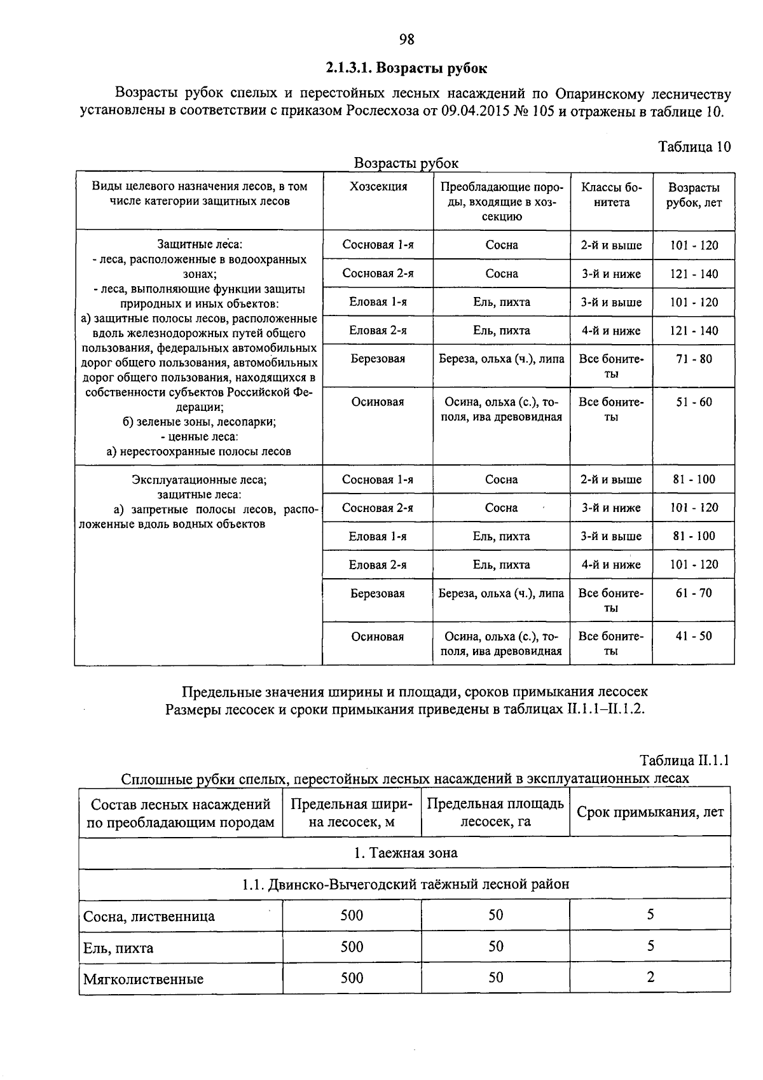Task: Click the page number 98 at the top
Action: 407,39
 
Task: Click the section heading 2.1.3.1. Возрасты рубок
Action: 407,67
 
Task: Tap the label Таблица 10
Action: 694,147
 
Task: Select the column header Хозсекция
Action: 378,186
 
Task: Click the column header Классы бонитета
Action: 611,195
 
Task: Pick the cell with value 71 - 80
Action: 694,359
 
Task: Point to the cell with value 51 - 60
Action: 694,402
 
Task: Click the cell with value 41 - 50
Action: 694,636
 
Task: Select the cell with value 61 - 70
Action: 694,593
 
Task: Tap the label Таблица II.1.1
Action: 685,761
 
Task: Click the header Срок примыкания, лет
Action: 650,812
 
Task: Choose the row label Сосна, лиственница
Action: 149,917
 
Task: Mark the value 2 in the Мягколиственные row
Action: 650,977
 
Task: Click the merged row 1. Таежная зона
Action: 405,853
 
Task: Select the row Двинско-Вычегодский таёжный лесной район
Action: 405,884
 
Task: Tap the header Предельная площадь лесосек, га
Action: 495,812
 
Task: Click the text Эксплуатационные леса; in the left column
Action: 199,480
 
